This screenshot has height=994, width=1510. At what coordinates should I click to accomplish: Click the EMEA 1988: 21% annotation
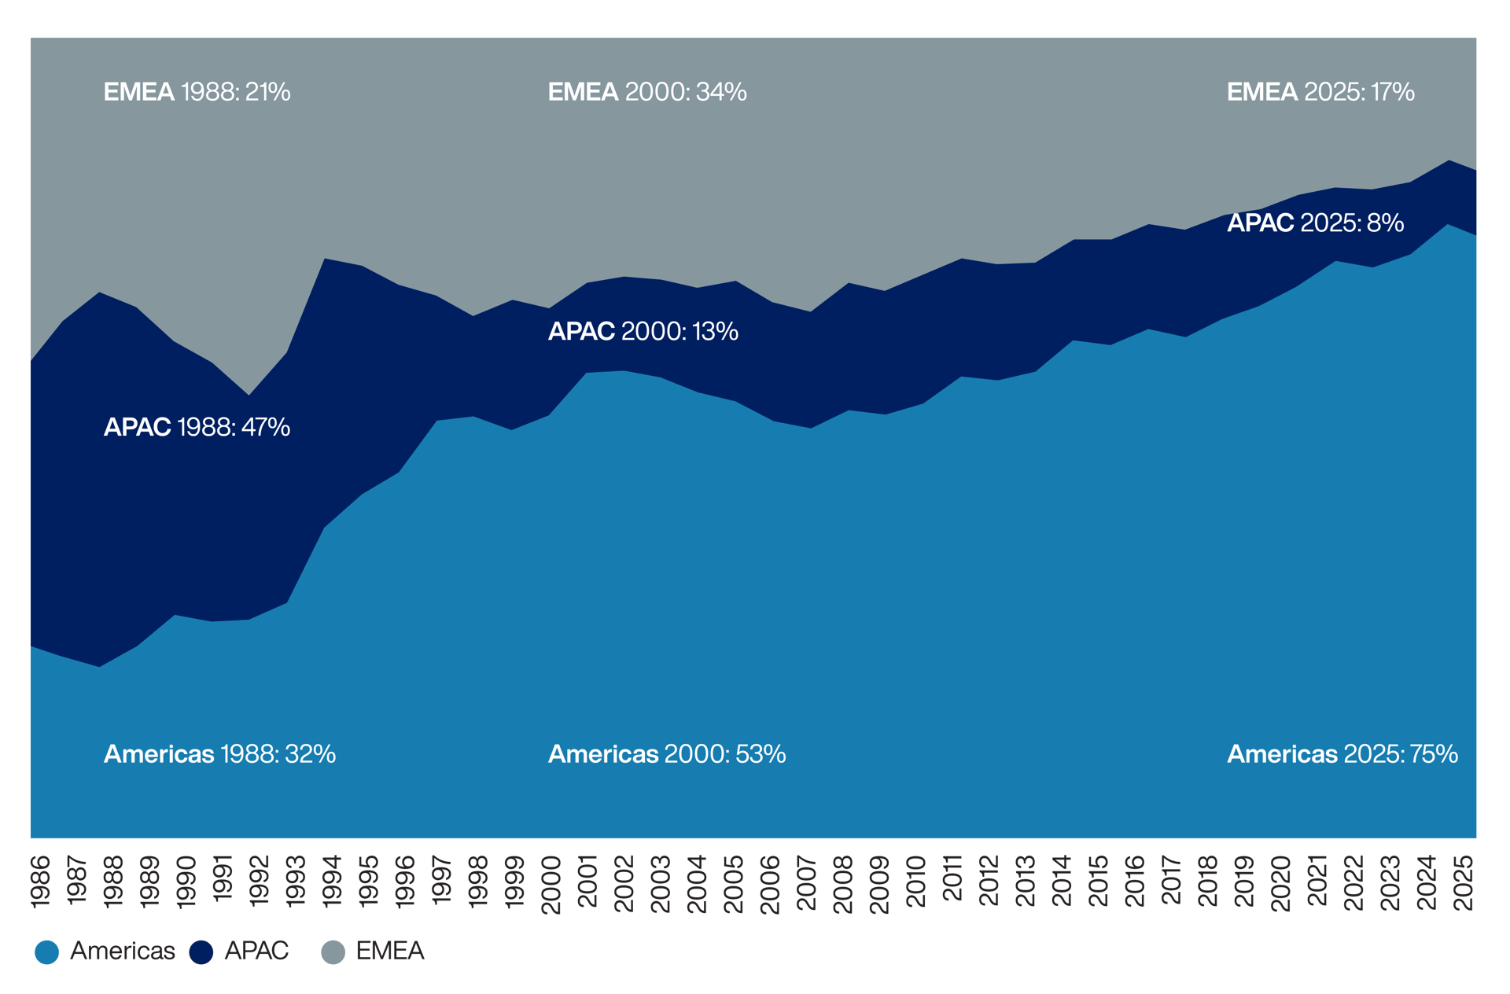pos(197,92)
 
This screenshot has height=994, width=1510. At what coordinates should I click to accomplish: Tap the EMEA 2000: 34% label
pos(646,92)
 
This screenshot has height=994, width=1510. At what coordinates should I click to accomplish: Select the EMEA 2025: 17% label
pos(1320,92)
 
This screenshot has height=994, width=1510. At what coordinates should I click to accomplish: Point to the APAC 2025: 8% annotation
pos(1315,223)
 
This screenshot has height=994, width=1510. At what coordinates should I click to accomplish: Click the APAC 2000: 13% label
pos(643,331)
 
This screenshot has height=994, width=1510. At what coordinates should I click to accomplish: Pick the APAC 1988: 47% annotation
pos(197,427)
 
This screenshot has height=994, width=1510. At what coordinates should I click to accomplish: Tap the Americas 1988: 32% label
pos(219,754)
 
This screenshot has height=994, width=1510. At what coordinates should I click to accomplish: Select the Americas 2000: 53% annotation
pos(666,754)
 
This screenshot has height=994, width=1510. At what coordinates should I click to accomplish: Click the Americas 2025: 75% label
pos(1342,754)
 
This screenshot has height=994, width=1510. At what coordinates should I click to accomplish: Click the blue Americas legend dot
pos(47,952)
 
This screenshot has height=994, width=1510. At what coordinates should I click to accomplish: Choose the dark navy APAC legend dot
pos(201,952)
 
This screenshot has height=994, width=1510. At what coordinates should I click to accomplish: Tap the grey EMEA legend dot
pos(333,952)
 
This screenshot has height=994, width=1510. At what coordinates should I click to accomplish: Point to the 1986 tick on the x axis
pos(40,882)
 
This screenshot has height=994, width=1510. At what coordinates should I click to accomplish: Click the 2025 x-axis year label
pos(1464,882)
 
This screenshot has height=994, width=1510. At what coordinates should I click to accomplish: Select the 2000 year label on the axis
pos(551,885)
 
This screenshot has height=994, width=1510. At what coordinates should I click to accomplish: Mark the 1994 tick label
pos(332,882)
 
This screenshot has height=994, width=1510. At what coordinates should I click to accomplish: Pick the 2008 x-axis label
pos(843,885)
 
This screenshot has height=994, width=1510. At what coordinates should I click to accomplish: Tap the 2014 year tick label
pos(1062,882)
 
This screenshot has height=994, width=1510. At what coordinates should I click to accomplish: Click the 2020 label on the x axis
pos(1281,885)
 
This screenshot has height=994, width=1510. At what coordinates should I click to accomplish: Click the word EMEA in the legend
pos(389,951)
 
